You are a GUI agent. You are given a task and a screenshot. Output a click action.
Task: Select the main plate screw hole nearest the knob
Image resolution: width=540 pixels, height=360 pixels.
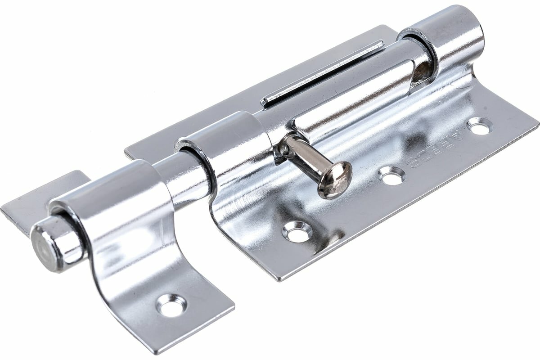pos(297,231)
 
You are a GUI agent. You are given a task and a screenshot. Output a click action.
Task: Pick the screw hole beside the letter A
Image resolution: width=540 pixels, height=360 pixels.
pos(480,126)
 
